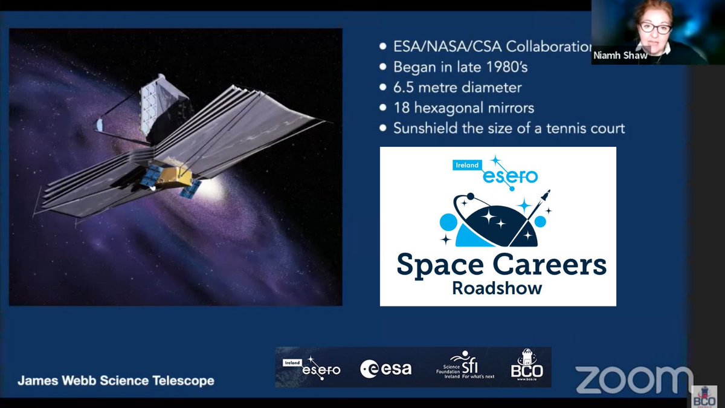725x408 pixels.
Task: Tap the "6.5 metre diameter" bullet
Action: [x=457, y=88]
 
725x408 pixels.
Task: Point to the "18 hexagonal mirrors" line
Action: [x=463, y=108]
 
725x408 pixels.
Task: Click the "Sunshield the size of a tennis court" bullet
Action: [x=509, y=128]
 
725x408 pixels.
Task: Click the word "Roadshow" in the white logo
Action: [x=497, y=288]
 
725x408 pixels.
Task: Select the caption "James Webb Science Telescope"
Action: [x=115, y=381]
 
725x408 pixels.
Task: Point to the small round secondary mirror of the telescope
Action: [x=99, y=125]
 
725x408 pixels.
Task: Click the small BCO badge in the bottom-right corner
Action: [x=705, y=396]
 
